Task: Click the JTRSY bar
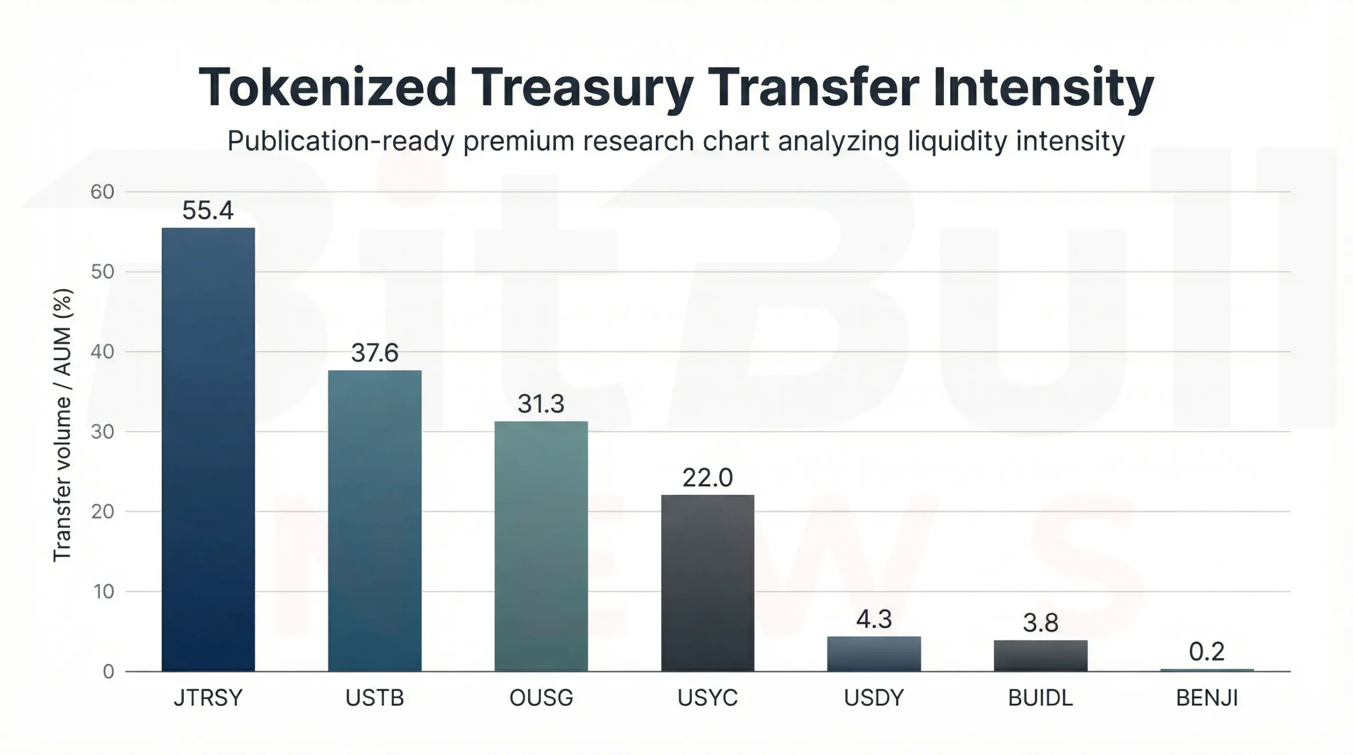pos(208,449)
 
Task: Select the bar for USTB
pos(375,520)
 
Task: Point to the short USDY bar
pos(874,654)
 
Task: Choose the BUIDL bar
pos(1041,656)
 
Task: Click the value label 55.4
pos(208,210)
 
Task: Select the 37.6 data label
pos(375,353)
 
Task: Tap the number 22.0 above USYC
pos(708,478)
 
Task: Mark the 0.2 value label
pos(1207,651)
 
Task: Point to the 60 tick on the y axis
pos(103,192)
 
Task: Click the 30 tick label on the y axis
pos(103,432)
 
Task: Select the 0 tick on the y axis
pos(108,672)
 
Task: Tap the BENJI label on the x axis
pos(1207,698)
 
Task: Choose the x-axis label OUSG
pos(541,698)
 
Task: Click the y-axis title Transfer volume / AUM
pos(62,425)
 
